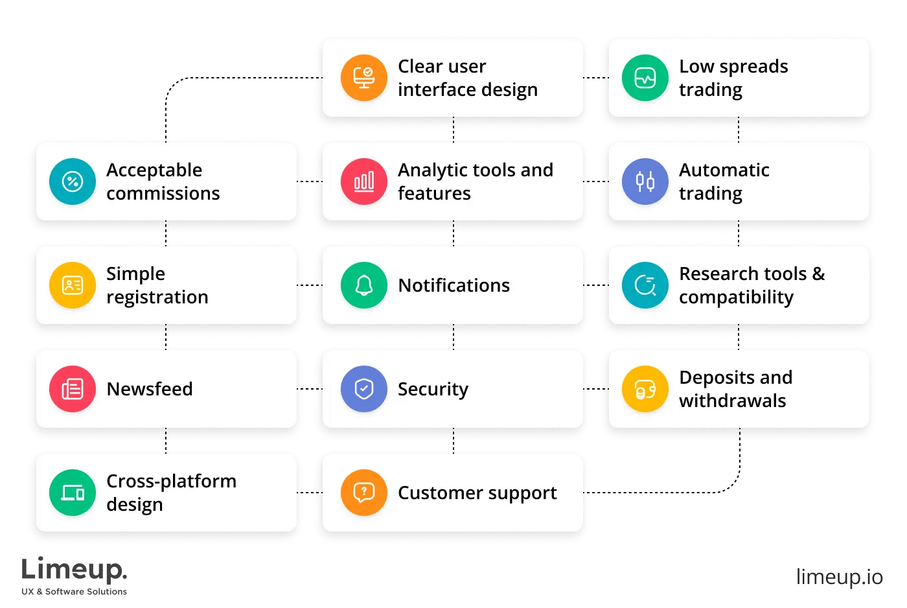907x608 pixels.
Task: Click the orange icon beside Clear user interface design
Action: point(364,78)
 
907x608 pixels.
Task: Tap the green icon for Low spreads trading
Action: point(645,78)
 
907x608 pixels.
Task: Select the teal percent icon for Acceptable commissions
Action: point(73,181)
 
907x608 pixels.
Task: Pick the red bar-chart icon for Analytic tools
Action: point(364,181)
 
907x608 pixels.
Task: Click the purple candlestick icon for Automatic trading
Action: point(645,181)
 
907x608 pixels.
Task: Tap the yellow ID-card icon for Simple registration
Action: point(73,285)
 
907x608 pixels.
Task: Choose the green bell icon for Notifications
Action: point(364,285)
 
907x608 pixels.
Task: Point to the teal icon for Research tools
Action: point(645,285)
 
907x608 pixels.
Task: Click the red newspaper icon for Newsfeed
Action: point(73,389)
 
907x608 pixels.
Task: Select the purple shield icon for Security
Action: point(364,389)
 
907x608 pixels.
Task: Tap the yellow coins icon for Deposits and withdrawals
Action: point(645,389)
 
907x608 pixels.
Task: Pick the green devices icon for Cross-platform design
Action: point(73,493)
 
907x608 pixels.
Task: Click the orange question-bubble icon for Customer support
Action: point(364,493)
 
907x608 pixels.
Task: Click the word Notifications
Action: point(454,286)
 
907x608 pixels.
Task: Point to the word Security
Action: point(433,390)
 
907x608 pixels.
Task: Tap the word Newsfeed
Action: point(150,389)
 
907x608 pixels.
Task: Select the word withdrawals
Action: point(732,401)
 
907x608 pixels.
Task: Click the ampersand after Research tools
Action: point(819,274)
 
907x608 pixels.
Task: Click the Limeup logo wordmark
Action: point(74,570)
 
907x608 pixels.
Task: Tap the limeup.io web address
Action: point(839,577)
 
